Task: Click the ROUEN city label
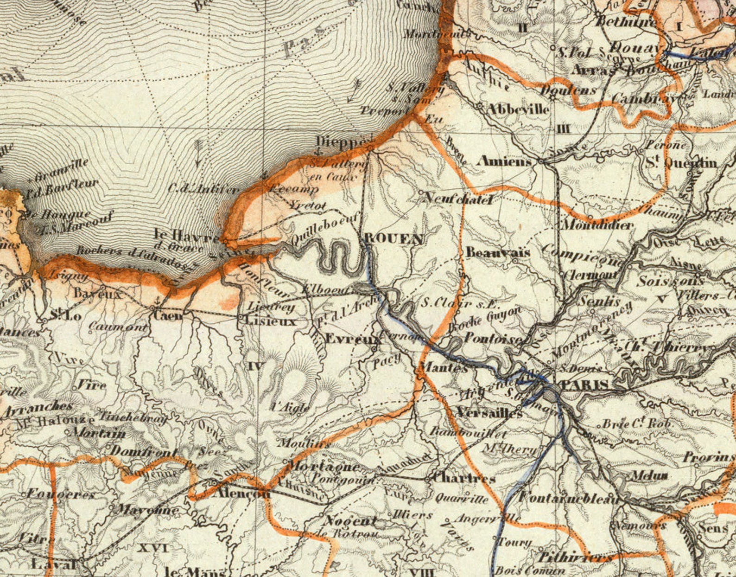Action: [x=394, y=239]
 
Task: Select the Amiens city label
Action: [x=504, y=161]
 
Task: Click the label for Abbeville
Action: [x=518, y=109]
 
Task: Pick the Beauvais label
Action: [x=498, y=253]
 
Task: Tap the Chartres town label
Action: [x=463, y=478]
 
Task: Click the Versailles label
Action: [x=489, y=412]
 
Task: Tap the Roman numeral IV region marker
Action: [x=255, y=366]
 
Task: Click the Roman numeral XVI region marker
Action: [x=153, y=548]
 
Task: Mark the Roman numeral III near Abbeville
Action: [x=564, y=129]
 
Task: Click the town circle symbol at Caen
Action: [x=153, y=308]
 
